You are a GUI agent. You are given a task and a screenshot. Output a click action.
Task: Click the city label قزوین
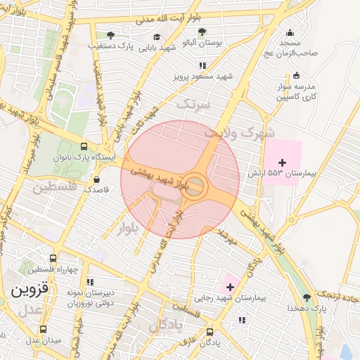point(29,288)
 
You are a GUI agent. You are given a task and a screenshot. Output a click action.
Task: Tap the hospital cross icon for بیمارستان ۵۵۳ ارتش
point(283,162)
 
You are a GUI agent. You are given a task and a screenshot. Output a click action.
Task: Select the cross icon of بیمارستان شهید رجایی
point(229,286)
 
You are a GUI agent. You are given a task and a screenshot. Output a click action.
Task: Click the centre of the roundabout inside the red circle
point(195,186)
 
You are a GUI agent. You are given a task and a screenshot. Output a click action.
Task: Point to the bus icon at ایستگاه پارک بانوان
point(84,147)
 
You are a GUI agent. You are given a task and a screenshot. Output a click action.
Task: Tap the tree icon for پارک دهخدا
point(307,297)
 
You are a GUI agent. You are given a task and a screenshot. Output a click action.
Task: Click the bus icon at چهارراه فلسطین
point(54,259)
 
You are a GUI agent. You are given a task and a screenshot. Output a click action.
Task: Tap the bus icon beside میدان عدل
point(43,328)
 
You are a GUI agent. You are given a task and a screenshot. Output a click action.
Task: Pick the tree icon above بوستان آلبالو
point(202,32)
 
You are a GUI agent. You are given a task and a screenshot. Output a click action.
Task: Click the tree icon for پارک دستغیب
point(110,34)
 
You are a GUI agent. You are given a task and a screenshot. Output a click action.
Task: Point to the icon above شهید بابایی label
point(156,37)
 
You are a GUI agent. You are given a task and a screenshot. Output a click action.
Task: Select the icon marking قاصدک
point(96,179)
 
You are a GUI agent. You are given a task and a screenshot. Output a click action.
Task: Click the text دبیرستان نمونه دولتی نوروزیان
point(70,297)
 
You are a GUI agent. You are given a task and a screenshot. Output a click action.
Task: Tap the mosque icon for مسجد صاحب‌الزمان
point(290,32)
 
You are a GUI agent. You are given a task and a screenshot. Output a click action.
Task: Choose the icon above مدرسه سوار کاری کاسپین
point(295,75)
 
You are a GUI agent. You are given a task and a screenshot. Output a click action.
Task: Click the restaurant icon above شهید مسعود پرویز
point(203,65)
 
